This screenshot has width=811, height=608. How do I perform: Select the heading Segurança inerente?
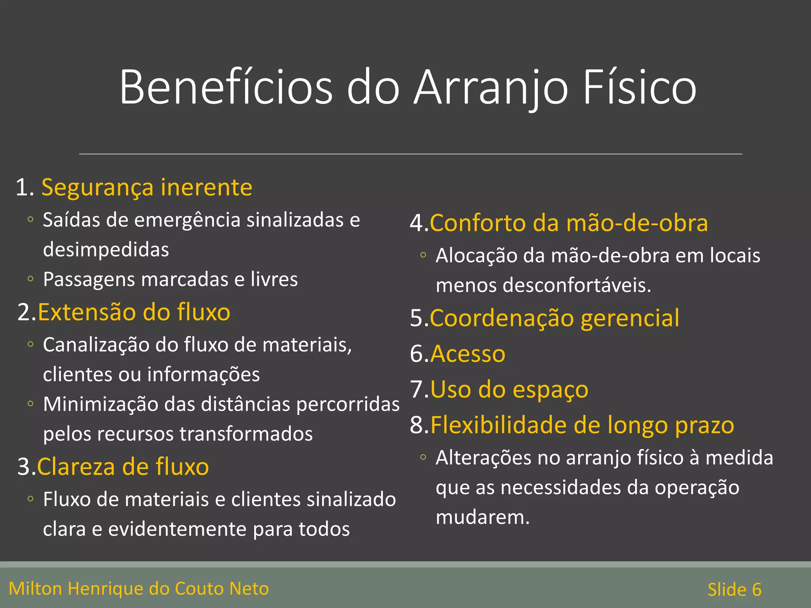(x=147, y=187)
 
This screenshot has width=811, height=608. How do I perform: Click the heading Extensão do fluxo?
(x=134, y=312)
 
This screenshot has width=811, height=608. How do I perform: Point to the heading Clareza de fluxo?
(x=123, y=466)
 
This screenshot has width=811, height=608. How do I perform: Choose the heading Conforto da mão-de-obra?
(x=569, y=223)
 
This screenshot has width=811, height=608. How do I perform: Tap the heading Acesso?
(x=468, y=353)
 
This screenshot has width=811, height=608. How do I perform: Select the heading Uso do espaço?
(x=509, y=389)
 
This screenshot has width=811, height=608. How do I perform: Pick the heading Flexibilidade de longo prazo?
(x=582, y=425)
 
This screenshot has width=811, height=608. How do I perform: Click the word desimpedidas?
(x=106, y=250)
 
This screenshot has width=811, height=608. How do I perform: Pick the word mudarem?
(x=482, y=517)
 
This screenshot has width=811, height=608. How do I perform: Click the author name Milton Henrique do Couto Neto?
(x=139, y=589)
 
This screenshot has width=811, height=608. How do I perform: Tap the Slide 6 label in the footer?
(x=734, y=589)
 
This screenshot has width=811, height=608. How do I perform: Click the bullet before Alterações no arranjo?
(x=423, y=458)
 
